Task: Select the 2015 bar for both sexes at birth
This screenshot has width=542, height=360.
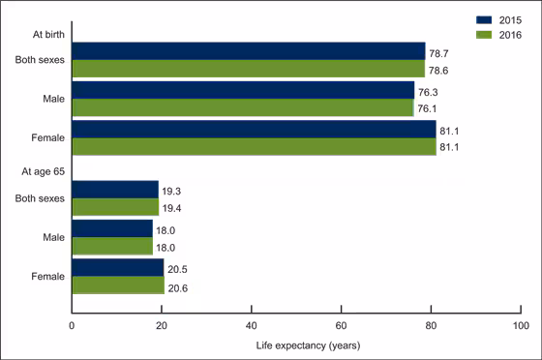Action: coord(248,50)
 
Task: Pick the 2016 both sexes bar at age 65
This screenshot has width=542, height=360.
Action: coord(115,207)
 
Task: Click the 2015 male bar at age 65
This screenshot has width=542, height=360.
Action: coord(111,228)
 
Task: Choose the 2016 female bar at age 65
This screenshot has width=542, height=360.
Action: coord(117,285)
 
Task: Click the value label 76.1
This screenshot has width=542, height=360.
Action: coord(428,107)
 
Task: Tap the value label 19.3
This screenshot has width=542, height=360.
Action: coord(172,190)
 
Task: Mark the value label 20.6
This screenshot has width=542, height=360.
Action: coord(178,285)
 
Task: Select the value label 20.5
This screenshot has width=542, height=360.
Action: coord(178,268)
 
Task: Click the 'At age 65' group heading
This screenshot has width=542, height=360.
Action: coord(44,171)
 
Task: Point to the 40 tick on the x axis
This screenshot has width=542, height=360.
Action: coord(252,323)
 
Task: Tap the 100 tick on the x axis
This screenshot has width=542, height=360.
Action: coord(521,323)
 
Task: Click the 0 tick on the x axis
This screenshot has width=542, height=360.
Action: coord(72,323)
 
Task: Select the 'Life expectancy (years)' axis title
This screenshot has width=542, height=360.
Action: coord(295,343)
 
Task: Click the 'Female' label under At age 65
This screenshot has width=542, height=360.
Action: coord(47,277)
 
